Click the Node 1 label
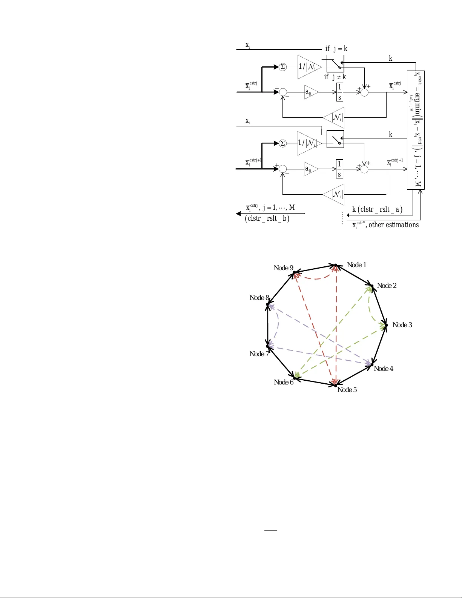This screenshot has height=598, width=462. click(x=356, y=265)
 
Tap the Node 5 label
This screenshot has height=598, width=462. click(x=347, y=390)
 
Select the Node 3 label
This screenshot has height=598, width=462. click(x=402, y=325)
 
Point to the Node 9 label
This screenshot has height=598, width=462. click(x=283, y=268)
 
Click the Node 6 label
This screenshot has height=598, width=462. click(x=283, y=382)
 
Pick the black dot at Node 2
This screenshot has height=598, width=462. click(x=372, y=286)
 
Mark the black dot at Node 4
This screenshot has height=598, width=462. click(x=372, y=364)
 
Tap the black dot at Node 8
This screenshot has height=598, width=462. click(x=267, y=304)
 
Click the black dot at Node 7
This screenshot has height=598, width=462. click(x=267, y=346)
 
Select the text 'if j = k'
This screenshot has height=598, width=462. click(x=336, y=49)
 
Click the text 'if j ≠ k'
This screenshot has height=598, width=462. click(x=335, y=77)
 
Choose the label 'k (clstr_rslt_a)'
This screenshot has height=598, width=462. click(x=377, y=209)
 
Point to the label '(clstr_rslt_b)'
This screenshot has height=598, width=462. click(x=267, y=218)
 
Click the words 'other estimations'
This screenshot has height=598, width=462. click(x=393, y=225)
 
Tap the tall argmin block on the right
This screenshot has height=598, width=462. click(x=416, y=130)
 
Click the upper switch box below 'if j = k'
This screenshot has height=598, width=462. click(x=335, y=63)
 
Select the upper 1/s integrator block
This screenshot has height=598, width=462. click(x=339, y=92)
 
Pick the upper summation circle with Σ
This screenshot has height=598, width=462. click(x=283, y=67)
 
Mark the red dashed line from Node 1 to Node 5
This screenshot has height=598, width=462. click(x=336, y=324)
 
